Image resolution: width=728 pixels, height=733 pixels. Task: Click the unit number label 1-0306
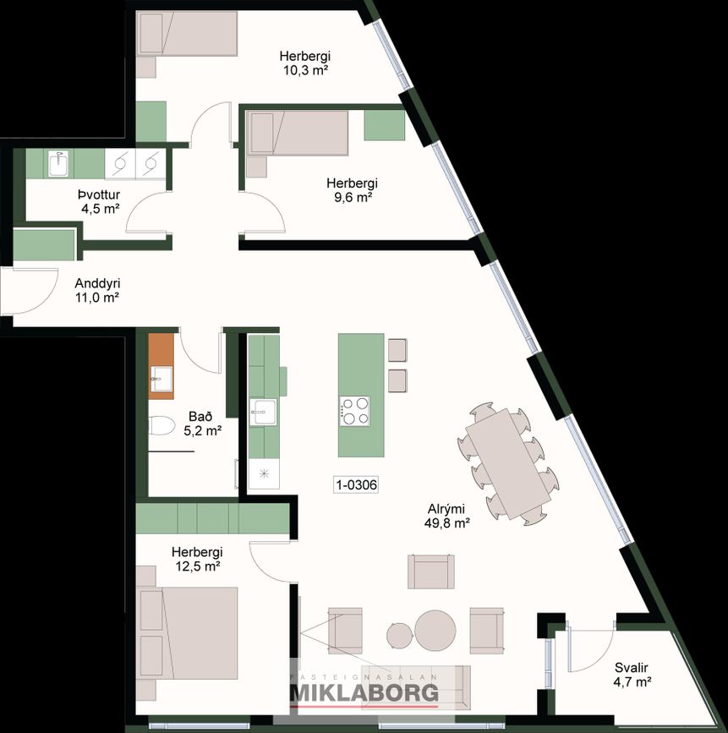tap(356, 484)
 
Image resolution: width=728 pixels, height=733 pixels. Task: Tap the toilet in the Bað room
tap(161, 426)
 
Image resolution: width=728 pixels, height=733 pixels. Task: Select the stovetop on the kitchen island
tap(354, 411)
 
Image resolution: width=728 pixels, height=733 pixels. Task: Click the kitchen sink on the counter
tap(263, 412)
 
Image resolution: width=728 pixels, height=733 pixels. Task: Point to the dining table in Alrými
tap(509, 463)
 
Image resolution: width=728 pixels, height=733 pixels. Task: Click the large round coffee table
tap(435, 631)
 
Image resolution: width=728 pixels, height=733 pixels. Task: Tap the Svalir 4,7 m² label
tap(632, 675)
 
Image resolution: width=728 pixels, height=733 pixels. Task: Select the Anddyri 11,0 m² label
tap(97, 290)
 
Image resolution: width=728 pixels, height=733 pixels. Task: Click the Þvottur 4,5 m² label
tap(100, 201)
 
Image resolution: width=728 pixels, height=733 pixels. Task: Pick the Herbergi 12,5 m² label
tap(197, 559)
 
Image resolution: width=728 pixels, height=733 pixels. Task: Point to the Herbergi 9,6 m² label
tap(352, 189)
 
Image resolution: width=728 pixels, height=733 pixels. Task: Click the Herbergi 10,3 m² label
tap(305, 63)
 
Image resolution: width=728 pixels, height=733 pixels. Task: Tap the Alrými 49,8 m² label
tap(446, 516)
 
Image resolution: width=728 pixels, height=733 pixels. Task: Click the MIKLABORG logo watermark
tap(364, 691)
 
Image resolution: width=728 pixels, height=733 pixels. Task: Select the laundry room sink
tap(58, 164)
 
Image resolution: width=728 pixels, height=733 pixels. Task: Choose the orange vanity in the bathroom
tap(161, 366)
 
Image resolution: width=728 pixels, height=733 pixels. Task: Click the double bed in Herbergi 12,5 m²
tap(187, 633)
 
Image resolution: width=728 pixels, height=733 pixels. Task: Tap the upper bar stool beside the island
tap(397, 350)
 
